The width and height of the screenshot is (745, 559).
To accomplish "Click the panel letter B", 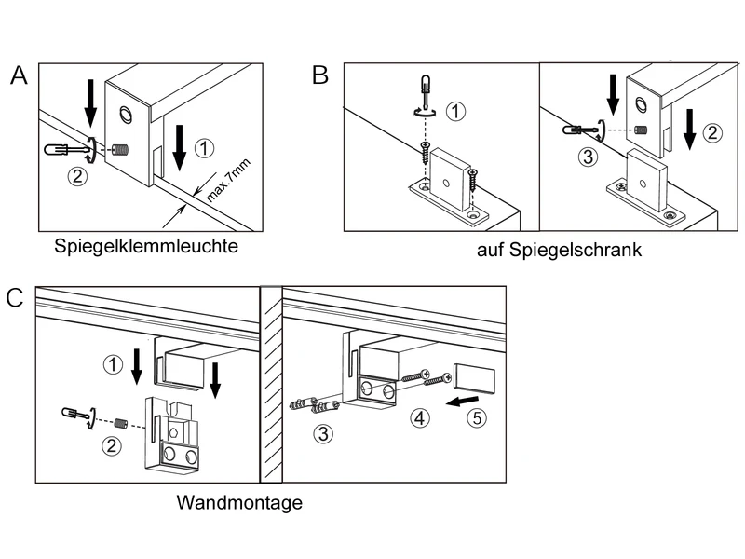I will [319, 75].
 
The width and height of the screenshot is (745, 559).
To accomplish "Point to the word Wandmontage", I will [239, 503].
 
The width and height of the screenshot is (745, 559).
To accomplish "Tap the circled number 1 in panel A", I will [207, 147].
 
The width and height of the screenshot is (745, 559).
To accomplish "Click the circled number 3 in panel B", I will [586, 157].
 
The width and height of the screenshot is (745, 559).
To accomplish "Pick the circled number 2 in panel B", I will [711, 132].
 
